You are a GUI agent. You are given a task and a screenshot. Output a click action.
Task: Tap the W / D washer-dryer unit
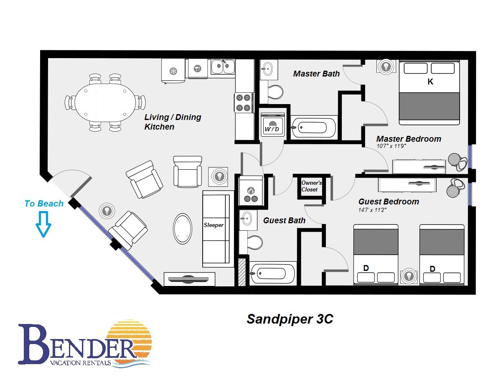[x=272, y=124]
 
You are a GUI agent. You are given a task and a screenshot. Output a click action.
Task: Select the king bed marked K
[x=429, y=92]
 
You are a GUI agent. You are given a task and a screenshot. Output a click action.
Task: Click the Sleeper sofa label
[x=214, y=225]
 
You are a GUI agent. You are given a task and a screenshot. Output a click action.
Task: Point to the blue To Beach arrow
[x=43, y=224]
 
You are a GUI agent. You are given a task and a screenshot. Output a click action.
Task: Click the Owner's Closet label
[x=311, y=186]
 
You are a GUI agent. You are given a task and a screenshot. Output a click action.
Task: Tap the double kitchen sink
[x=223, y=67]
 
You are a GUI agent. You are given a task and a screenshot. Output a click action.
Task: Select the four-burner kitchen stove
[x=244, y=102]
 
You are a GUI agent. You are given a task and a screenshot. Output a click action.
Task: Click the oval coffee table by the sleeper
[x=183, y=229]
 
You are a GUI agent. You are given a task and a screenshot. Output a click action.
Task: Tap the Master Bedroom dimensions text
[x=391, y=146]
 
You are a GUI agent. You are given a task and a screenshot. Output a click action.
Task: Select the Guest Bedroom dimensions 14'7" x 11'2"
[x=372, y=210]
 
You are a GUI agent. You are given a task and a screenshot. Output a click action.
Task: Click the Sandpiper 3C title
[x=290, y=319]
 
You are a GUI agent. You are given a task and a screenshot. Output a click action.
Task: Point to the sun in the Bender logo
[x=129, y=340]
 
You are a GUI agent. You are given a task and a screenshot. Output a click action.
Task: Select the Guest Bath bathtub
[x=272, y=273]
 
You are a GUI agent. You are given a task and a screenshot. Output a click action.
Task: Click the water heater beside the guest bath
[x=251, y=191]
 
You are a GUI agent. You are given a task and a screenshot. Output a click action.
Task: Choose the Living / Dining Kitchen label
[x=173, y=122]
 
